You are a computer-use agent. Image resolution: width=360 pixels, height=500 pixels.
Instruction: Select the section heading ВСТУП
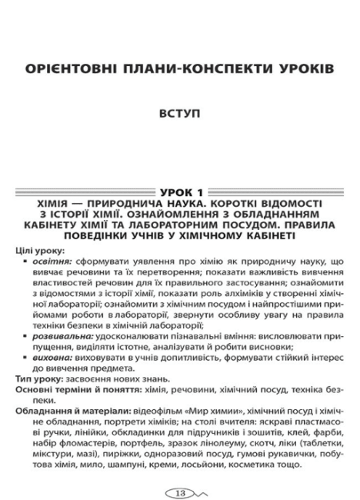coord(180,113)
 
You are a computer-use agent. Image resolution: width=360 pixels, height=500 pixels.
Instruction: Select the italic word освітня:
coord(48,261)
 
